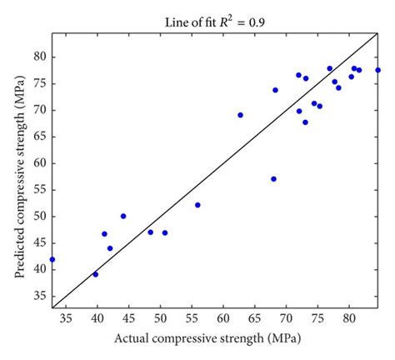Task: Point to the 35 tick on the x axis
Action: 67,318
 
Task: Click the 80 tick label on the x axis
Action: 348,318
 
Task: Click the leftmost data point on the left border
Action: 52,259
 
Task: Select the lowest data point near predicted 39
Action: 96,274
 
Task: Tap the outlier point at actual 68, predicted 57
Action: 273,179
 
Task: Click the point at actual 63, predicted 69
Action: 240,115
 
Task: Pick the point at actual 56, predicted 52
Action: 197,205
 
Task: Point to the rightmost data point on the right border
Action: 377,70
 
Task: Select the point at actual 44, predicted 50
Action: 123,216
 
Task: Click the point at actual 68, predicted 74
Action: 275,90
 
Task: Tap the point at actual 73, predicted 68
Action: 305,122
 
